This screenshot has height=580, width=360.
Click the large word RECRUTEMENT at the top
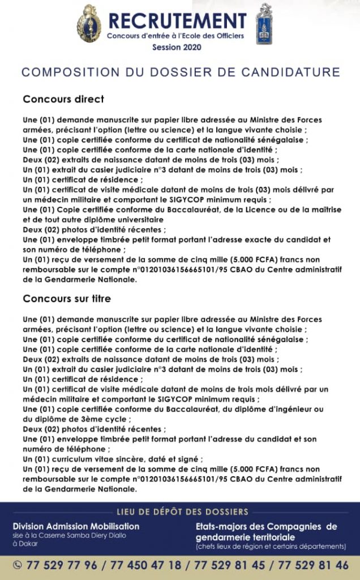177,20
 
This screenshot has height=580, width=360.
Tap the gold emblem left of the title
89,23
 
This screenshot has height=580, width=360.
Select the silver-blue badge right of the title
264,24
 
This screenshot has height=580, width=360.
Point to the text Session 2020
175,48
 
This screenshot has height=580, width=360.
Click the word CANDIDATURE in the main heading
288,72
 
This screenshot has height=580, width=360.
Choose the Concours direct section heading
63,99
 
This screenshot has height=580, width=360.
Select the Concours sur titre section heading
67,298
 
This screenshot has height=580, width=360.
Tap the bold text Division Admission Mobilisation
76,526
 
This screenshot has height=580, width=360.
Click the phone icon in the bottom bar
17,565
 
